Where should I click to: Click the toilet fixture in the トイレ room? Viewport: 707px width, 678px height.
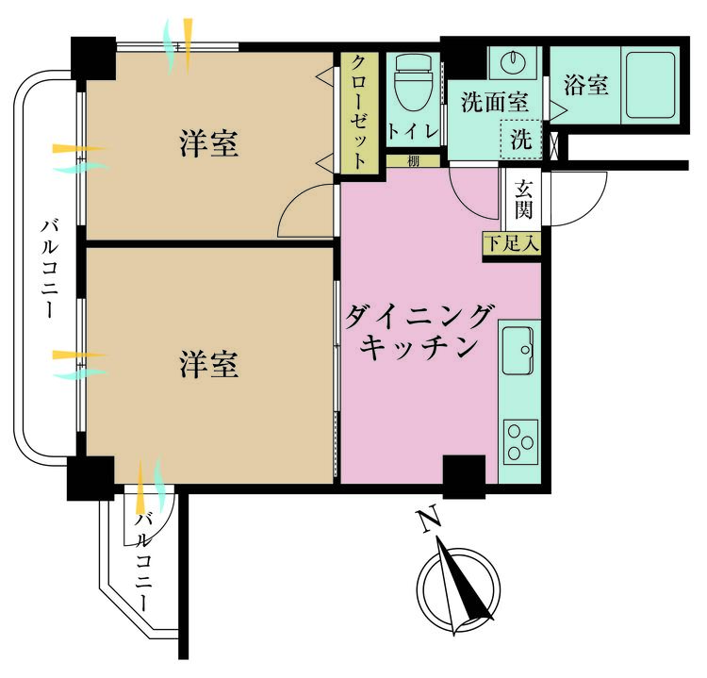(x=414, y=86)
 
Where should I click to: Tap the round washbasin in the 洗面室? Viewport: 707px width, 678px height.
(x=513, y=62)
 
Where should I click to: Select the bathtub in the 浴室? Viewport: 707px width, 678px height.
(x=650, y=87)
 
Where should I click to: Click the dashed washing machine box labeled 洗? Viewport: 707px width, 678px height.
(x=520, y=140)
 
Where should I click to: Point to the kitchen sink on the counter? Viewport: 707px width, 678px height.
(x=518, y=350)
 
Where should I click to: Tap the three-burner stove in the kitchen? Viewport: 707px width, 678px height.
(x=520, y=441)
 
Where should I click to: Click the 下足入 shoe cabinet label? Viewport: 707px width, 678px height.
(x=512, y=244)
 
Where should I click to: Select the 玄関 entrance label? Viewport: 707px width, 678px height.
(x=523, y=199)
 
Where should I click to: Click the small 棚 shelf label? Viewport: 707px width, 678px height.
(x=413, y=161)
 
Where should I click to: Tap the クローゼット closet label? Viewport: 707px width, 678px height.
(x=358, y=112)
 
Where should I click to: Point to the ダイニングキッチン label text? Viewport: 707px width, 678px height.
(x=418, y=332)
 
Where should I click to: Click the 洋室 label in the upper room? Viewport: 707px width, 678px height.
(x=208, y=143)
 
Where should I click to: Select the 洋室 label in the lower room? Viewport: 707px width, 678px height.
(x=208, y=364)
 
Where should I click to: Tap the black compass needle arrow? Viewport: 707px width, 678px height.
(x=464, y=582)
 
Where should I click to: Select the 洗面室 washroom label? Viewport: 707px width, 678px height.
(x=495, y=102)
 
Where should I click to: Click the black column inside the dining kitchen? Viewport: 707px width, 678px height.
(x=464, y=476)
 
